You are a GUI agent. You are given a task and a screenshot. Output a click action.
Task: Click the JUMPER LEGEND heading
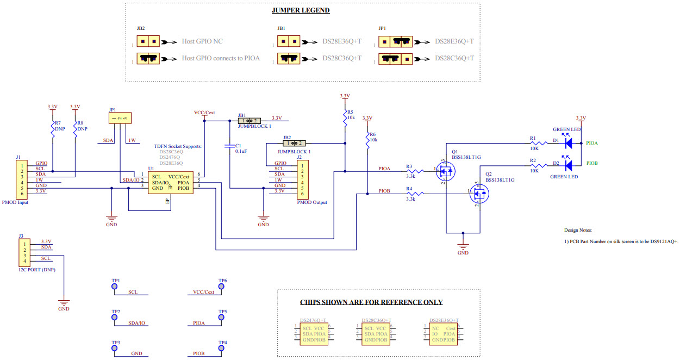300,10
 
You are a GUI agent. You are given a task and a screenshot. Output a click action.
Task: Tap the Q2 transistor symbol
479,194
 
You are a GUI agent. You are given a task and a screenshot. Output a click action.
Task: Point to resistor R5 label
350,111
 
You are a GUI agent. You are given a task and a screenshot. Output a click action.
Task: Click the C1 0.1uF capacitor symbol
230,146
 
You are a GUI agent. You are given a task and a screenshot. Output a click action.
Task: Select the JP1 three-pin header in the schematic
119,118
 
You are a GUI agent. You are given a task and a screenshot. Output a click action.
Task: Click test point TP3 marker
115,348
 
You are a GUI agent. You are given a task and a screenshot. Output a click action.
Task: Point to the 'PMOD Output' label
312,202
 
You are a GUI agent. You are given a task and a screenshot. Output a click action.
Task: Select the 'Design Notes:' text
577,230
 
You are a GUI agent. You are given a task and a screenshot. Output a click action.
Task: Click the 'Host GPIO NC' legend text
202,41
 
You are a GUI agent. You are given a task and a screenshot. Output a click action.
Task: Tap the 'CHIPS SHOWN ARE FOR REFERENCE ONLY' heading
371,302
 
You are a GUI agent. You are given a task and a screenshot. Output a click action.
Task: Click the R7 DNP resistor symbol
53,129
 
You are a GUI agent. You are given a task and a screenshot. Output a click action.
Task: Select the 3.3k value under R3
410,176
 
